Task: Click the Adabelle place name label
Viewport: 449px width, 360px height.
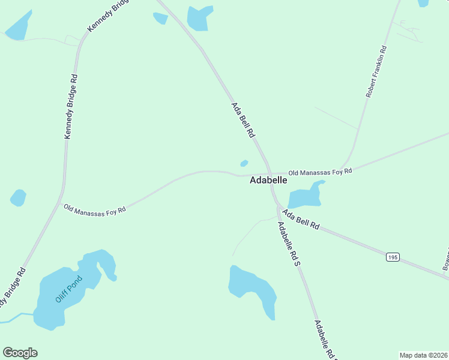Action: (x=268, y=180)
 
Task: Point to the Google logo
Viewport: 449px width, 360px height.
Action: (x=20, y=353)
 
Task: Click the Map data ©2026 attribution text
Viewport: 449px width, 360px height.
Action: (x=423, y=355)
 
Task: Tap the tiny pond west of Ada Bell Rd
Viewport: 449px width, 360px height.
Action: (x=244, y=163)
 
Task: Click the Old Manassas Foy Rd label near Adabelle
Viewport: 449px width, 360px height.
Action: (x=319, y=172)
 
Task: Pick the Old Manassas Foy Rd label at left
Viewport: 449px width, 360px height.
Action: (x=95, y=209)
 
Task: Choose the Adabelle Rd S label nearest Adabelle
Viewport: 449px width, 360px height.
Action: (x=288, y=245)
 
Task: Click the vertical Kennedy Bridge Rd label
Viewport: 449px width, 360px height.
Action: (x=71, y=107)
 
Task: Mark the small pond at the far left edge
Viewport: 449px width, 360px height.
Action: (x=18, y=197)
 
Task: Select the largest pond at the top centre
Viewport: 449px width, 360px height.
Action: (x=199, y=17)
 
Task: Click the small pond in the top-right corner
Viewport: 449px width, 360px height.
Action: (x=423, y=3)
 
